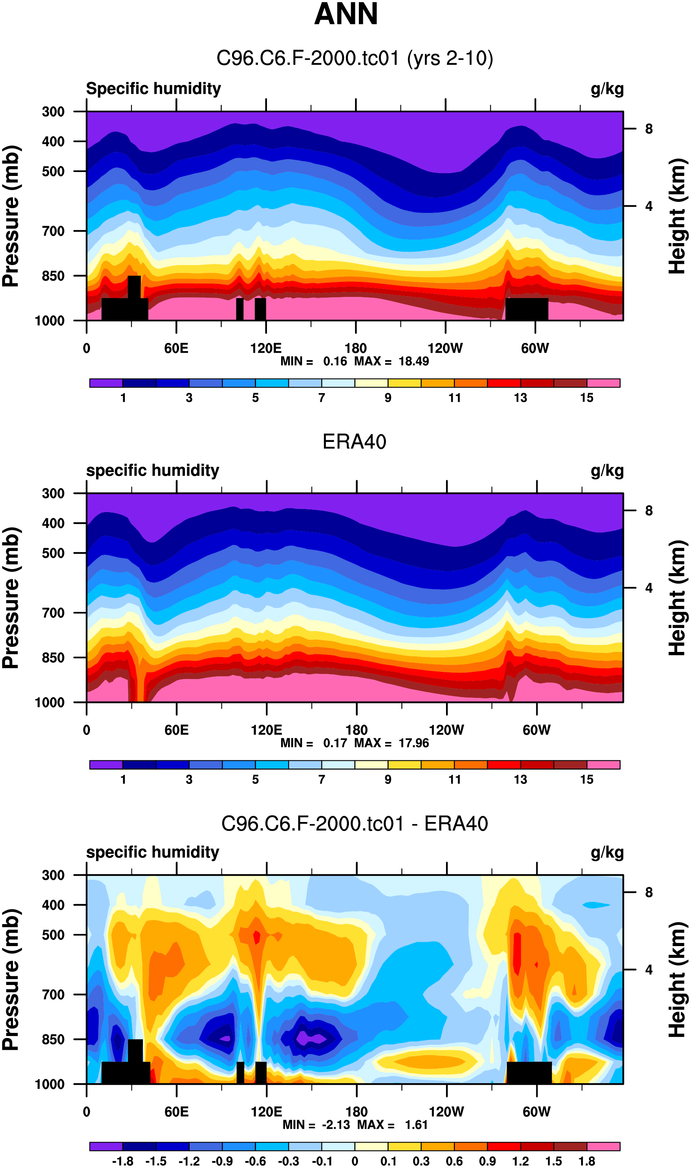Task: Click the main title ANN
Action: pyautogui.click(x=345, y=14)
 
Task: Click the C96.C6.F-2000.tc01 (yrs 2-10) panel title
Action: pyautogui.click(x=355, y=59)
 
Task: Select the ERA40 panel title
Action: pyautogui.click(x=355, y=441)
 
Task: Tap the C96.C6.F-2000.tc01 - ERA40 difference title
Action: pyautogui.click(x=355, y=824)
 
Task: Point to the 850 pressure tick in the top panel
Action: pyautogui.click(x=53, y=276)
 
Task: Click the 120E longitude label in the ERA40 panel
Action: pyautogui.click(x=266, y=730)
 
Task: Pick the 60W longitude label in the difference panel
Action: pyautogui.click(x=536, y=1112)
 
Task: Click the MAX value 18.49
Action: pyautogui.click(x=413, y=361)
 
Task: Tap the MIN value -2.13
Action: pyautogui.click(x=336, y=1125)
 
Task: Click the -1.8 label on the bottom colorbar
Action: pyautogui.click(x=122, y=1161)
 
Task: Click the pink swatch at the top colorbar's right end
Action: pyautogui.click(x=603, y=383)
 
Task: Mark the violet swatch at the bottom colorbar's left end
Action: pyautogui.click(x=106, y=1146)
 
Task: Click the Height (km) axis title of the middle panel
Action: pyautogui.click(x=677, y=598)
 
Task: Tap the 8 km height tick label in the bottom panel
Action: pyautogui.click(x=649, y=892)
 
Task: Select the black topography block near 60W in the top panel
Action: pyautogui.click(x=526, y=309)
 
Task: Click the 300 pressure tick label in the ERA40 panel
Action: pyautogui.click(x=53, y=493)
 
